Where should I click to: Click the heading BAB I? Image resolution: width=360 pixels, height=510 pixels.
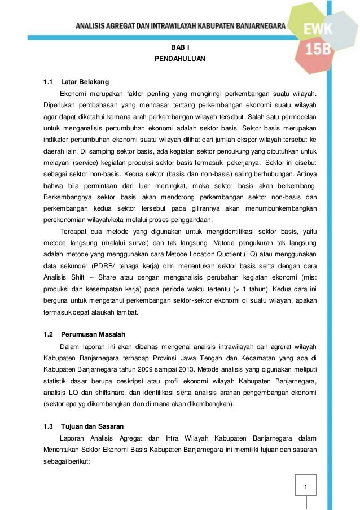(179, 48)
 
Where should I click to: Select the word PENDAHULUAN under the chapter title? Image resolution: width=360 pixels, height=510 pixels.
(179, 59)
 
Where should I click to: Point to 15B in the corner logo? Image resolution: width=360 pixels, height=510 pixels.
(319, 50)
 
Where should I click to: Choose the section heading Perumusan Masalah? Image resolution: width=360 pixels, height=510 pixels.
(93, 334)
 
